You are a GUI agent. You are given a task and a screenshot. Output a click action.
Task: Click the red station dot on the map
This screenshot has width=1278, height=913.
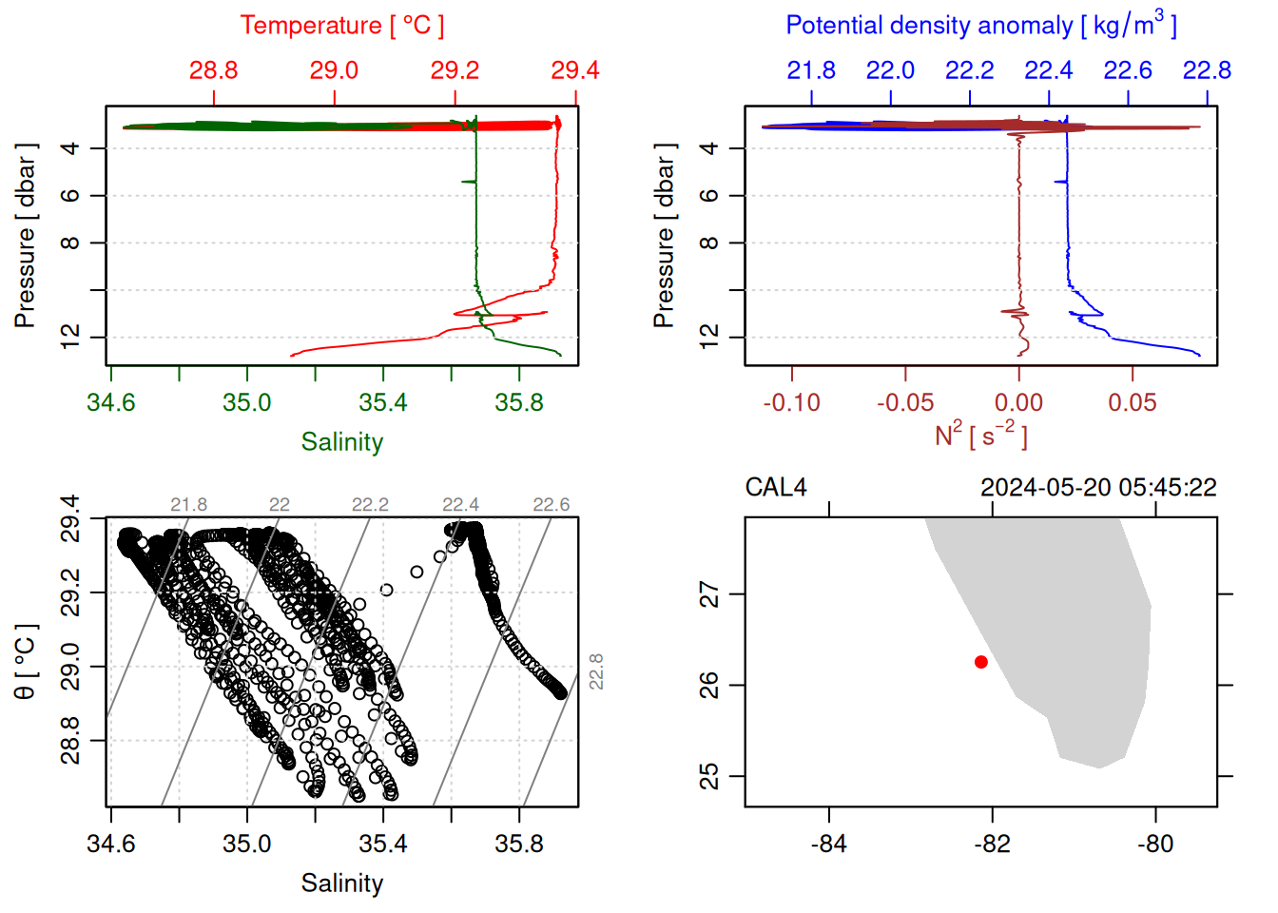pyautogui.click(x=981, y=662)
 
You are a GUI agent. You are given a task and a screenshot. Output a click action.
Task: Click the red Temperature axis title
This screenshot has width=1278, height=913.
pyautogui.click(x=341, y=26)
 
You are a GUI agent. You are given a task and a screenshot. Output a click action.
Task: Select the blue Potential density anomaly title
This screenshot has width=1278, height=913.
pyautogui.click(x=980, y=26)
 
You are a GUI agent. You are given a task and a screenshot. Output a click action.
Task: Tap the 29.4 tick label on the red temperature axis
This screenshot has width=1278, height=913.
pyautogui.click(x=575, y=70)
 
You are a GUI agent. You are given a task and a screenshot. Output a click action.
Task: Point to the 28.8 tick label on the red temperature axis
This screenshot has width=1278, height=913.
pyautogui.click(x=213, y=70)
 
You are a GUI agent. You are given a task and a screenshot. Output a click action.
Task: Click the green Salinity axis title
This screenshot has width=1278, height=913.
pyautogui.click(x=341, y=442)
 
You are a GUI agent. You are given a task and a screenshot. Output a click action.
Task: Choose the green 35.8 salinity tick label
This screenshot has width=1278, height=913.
pyautogui.click(x=519, y=402)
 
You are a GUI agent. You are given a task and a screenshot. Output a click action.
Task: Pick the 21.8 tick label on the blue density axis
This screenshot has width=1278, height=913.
pyautogui.click(x=811, y=70)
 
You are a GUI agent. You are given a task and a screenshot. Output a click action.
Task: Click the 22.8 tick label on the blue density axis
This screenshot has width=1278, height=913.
pyautogui.click(x=1207, y=70)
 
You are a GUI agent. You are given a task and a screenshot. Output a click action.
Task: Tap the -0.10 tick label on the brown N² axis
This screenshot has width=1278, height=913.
pyautogui.click(x=791, y=402)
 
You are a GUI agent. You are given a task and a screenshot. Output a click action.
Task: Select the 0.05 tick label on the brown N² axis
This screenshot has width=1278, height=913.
pyautogui.click(x=1132, y=402)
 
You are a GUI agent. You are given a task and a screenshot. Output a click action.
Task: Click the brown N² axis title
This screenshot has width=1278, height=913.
pyautogui.click(x=980, y=436)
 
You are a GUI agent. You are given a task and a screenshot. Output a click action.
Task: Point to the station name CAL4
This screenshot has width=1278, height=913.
pyautogui.click(x=776, y=488)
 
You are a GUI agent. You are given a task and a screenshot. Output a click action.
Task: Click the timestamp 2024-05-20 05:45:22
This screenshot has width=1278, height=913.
pyautogui.click(x=1098, y=488)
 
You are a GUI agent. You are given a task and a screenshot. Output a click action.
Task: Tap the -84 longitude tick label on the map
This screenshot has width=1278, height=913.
pyautogui.click(x=829, y=844)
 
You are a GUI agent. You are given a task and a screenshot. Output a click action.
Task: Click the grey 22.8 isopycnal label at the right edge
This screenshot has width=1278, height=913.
pyautogui.click(x=596, y=671)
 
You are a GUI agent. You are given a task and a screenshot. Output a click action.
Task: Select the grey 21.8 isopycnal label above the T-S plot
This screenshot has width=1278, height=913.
pyautogui.click(x=188, y=505)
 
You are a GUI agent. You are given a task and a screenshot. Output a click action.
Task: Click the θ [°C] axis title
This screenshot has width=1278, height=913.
pyautogui.click(x=26, y=662)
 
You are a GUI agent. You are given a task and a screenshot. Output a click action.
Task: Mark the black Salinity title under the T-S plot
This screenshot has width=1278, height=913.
pyautogui.click(x=341, y=884)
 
